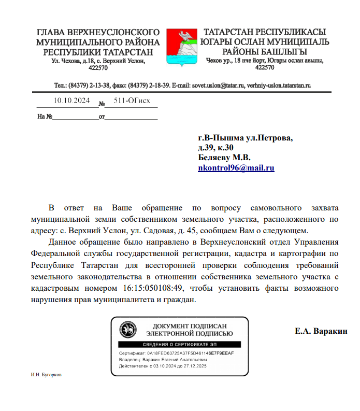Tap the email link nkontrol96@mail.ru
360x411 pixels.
[x=236, y=168]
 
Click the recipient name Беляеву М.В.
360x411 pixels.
[x=224, y=158]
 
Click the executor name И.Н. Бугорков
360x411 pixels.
[x=47, y=375]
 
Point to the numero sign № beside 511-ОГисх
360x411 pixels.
[x=102, y=103]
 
